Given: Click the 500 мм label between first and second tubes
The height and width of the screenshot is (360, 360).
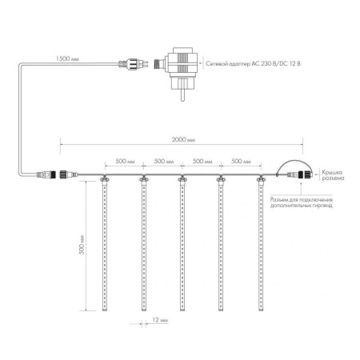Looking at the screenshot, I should click(124, 160).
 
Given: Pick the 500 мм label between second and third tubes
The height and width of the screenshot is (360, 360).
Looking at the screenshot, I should click(163, 160).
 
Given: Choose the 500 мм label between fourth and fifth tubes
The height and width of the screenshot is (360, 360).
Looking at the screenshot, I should click(241, 160).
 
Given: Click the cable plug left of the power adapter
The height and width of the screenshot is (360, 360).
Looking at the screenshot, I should click(131, 60).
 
